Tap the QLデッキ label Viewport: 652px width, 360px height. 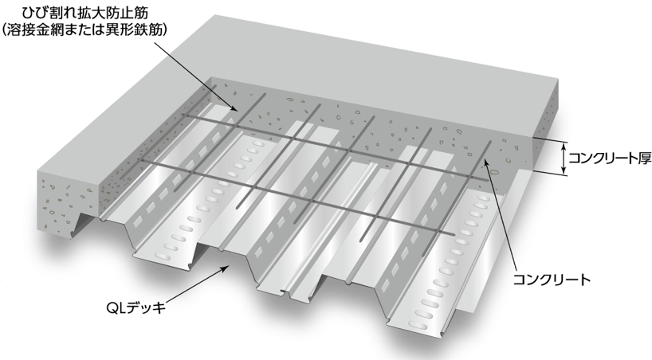point(136,308)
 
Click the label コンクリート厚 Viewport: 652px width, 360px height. point(610,158)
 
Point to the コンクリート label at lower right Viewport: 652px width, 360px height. point(552,280)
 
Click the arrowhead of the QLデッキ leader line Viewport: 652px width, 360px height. point(225,268)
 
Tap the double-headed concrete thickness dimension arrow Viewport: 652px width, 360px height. point(564,158)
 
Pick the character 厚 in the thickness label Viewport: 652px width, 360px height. point(644,158)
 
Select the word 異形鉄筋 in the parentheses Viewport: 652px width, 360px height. point(133,30)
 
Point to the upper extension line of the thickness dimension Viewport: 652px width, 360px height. point(550,140)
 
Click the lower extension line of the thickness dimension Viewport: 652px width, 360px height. point(550,173)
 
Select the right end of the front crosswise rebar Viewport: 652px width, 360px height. point(454,235)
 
